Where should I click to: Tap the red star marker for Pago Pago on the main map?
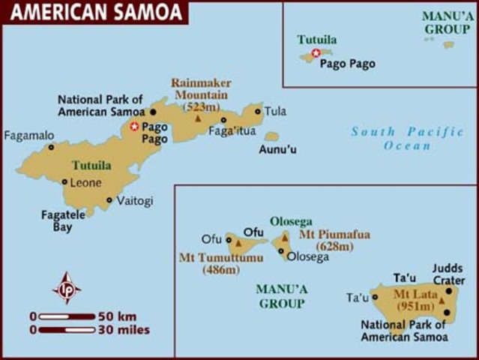(x=134, y=127)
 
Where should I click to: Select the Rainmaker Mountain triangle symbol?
(x=198, y=118)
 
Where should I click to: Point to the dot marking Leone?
(x=65, y=181)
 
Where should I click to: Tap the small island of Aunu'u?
(x=271, y=136)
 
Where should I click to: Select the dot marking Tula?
(x=258, y=112)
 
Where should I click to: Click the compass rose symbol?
(x=67, y=288)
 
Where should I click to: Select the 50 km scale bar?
(x=67, y=316)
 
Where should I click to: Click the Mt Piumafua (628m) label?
(x=334, y=240)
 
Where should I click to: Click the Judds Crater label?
(x=448, y=272)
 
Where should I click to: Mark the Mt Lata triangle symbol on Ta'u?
(x=442, y=301)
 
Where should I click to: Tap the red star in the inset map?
(x=316, y=52)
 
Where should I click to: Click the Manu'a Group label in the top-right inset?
(x=447, y=22)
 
